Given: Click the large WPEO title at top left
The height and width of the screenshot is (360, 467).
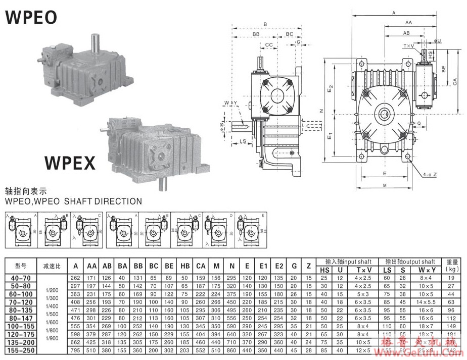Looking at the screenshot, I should [31, 17].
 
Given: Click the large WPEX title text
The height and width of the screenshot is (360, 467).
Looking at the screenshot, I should [69, 163].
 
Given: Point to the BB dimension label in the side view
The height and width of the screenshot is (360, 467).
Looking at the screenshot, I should [256, 34].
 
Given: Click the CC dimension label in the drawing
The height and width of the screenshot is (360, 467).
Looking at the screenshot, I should [269, 44].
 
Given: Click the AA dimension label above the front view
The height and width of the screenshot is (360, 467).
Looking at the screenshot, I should [408, 23].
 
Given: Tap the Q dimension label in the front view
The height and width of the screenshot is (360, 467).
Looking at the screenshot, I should [418, 122].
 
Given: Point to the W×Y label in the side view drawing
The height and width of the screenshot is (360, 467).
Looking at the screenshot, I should [231, 104].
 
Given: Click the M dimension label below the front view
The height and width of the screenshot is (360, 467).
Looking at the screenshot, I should [385, 186].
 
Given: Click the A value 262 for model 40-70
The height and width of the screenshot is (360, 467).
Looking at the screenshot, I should [76, 278].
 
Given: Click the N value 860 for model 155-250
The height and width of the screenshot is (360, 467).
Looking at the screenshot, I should [231, 350].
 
